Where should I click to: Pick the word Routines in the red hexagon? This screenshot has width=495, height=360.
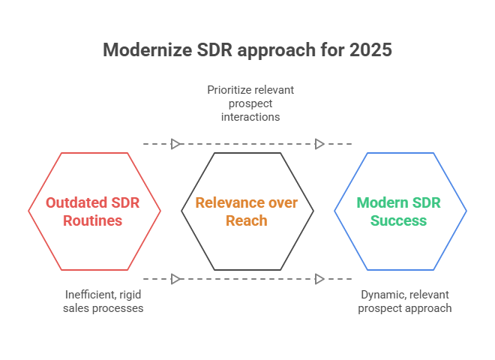coord(94,220)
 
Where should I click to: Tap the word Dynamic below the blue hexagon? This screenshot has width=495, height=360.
coord(381,295)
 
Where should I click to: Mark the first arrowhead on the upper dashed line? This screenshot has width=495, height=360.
coord(175,143)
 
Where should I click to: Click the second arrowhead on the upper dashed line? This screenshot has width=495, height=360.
coord(320,143)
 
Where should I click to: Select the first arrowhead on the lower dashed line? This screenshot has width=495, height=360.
coord(175,279)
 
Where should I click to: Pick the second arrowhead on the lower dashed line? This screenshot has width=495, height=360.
coord(320,279)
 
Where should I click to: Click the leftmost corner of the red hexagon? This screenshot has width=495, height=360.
coord(28,211)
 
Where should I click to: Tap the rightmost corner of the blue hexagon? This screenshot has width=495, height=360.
coord(466,211)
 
